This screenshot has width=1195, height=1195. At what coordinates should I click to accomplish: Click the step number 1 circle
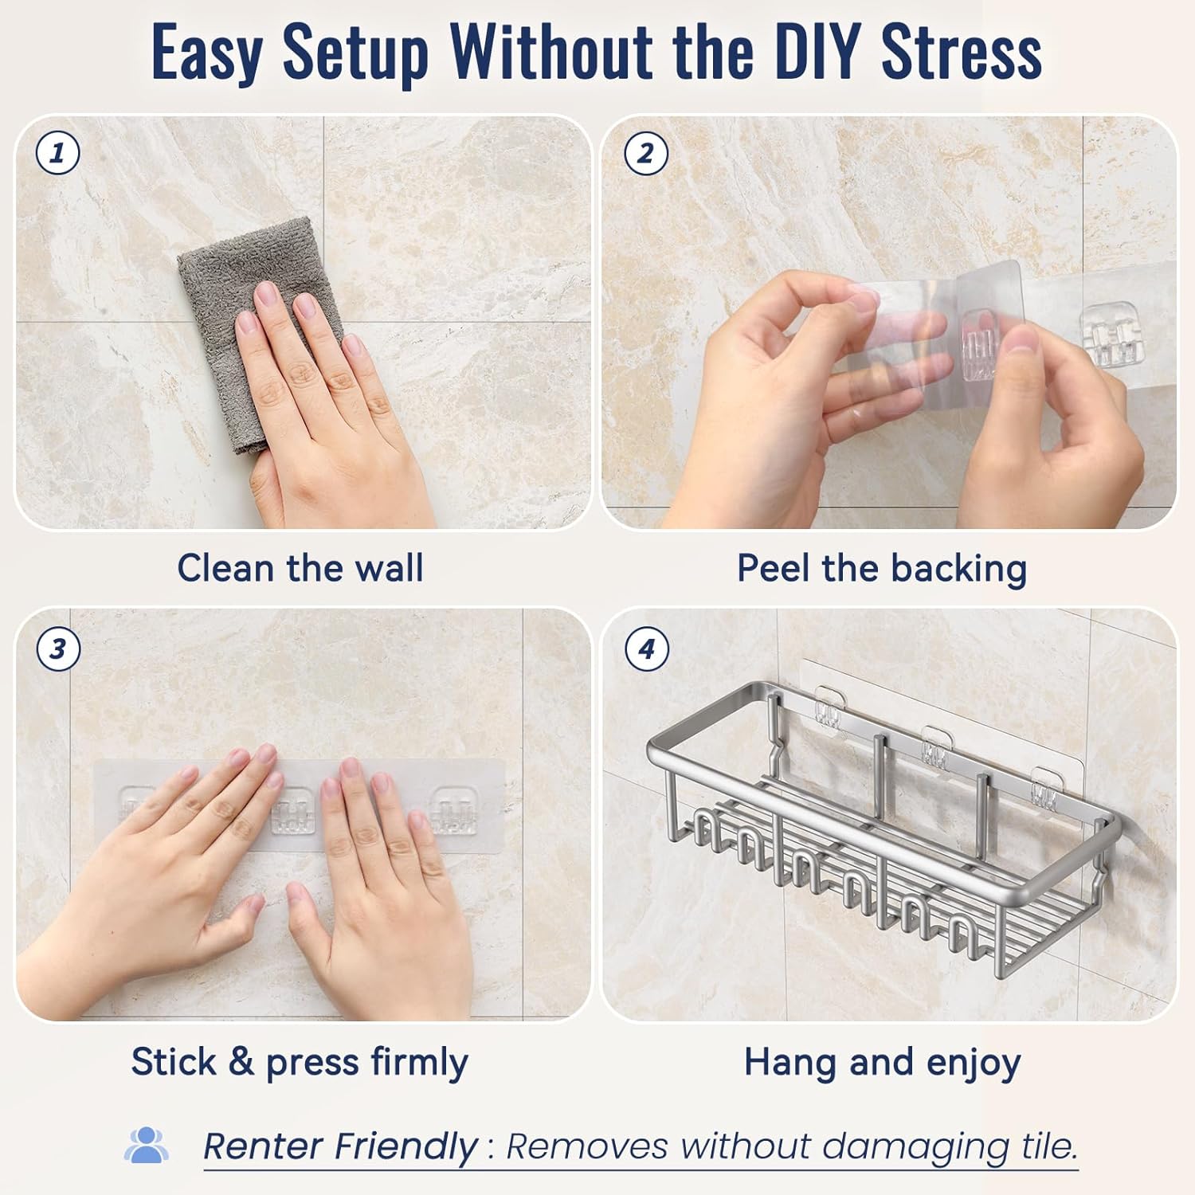[x=58, y=152]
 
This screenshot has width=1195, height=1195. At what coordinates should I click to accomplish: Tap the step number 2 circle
[x=645, y=152]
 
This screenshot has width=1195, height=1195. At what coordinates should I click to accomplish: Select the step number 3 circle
[x=58, y=648]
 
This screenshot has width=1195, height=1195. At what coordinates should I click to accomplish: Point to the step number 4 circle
[x=646, y=648]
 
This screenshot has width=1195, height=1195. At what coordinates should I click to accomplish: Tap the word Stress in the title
[x=962, y=53]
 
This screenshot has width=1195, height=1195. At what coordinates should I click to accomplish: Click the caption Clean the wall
[x=300, y=568]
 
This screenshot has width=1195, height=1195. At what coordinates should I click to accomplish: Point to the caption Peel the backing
[x=882, y=569]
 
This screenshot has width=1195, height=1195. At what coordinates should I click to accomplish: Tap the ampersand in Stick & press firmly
[x=241, y=1062]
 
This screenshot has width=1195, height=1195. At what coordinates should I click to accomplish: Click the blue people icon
[x=146, y=1145]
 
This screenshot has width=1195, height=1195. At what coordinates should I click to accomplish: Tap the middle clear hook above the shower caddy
[x=934, y=746]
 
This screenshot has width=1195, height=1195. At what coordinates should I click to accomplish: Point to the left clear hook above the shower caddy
[x=829, y=707]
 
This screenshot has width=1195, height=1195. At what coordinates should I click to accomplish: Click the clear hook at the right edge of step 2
[x=1107, y=334]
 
